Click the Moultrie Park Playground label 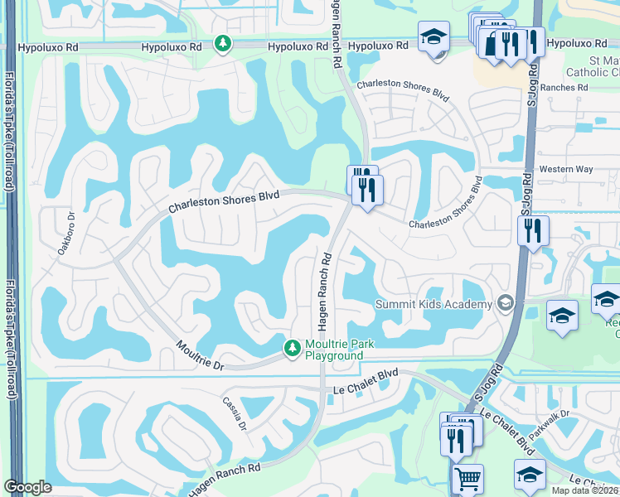pyautogui.click(x=334, y=350)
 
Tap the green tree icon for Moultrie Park pyautogui.click(x=292, y=350)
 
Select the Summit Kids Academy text pyautogui.click(x=434, y=304)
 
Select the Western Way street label pyautogui.click(x=566, y=169)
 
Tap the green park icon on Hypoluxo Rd pyautogui.click(x=222, y=43)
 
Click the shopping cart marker pyautogui.click(x=467, y=479)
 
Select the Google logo pyautogui.click(x=27, y=487)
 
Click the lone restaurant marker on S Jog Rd pyautogui.click(x=533, y=229)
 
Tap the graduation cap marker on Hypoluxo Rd pyautogui.click(x=434, y=37)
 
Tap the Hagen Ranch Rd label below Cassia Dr pyautogui.click(x=224, y=473)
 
